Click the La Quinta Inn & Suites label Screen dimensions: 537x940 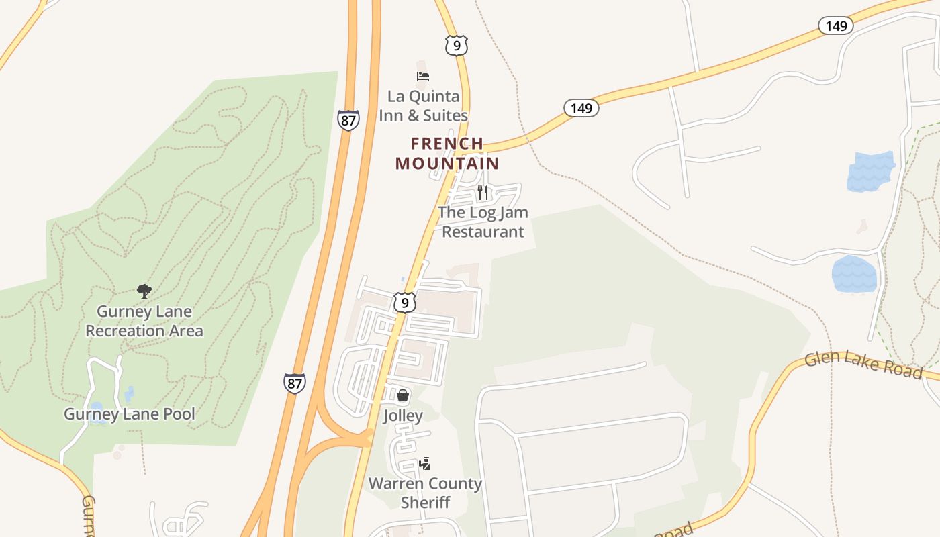click(x=423, y=106)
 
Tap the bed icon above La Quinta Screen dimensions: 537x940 click(x=423, y=76)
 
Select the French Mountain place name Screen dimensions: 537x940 click(x=447, y=153)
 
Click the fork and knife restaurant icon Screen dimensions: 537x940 click(x=482, y=193)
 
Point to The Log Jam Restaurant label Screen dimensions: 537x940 click(x=483, y=222)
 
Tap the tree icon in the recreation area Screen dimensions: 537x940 click(x=144, y=291)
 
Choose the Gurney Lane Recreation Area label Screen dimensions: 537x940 click(x=144, y=321)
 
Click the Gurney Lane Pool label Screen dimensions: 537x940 click(x=130, y=413)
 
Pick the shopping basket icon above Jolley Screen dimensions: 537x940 click(x=403, y=396)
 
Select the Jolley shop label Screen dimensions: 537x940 click(x=403, y=416)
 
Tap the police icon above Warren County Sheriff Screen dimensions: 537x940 click(x=424, y=463)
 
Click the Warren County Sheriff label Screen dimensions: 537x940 click(x=425, y=493)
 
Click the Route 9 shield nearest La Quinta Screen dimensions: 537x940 click(x=456, y=46)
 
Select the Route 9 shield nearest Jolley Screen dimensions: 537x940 click(x=404, y=303)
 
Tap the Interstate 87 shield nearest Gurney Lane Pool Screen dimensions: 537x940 click(x=294, y=383)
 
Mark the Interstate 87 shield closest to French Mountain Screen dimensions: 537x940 click(x=348, y=120)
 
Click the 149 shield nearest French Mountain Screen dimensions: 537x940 click(x=581, y=107)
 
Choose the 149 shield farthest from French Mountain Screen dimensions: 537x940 click(x=835, y=26)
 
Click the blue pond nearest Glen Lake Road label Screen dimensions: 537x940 click(x=854, y=275)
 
